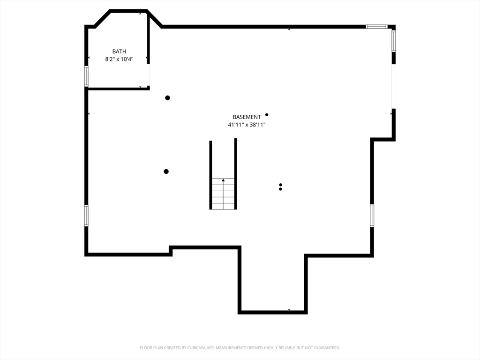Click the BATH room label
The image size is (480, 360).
[x=119, y=52]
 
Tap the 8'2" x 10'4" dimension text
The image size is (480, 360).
[x=119, y=59]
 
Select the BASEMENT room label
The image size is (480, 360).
[x=247, y=117]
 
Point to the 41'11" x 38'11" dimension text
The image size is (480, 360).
[x=247, y=125]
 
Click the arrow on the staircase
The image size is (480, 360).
[x=223, y=180]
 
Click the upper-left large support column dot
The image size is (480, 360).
[x=167, y=98]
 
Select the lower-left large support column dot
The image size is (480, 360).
[x=166, y=172]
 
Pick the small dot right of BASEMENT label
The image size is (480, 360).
[x=267, y=114]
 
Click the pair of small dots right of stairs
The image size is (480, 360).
[x=280, y=187]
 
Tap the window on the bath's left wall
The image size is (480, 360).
[x=86, y=76]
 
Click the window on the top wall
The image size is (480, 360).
[x=376, y=27]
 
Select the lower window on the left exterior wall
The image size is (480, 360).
[x=86, y=216]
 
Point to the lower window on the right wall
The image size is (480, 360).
[x=372, y=216]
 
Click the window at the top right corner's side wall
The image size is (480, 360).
[x=394, y=41]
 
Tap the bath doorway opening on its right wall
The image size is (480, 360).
[x=149, y=75]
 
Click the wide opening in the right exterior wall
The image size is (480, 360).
[x=393, y=86]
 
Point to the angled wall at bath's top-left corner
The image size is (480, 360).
[x=103, y=18]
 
